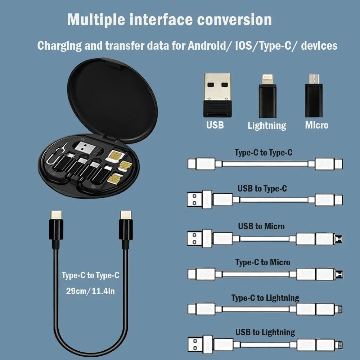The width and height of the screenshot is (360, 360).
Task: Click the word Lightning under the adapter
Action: point(267,126)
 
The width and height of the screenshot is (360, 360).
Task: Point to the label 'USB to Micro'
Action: point(261,226)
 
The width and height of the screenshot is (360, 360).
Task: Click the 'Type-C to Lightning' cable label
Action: point(265,298)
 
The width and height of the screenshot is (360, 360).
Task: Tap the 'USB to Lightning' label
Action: point(265,332)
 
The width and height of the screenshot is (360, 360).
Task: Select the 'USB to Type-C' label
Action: point(262,188)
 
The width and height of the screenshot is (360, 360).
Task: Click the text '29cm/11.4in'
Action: point(90,291)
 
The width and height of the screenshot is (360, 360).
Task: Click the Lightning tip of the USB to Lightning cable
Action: point(339,343)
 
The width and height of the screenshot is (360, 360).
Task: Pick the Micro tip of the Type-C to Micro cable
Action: point(339,274)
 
